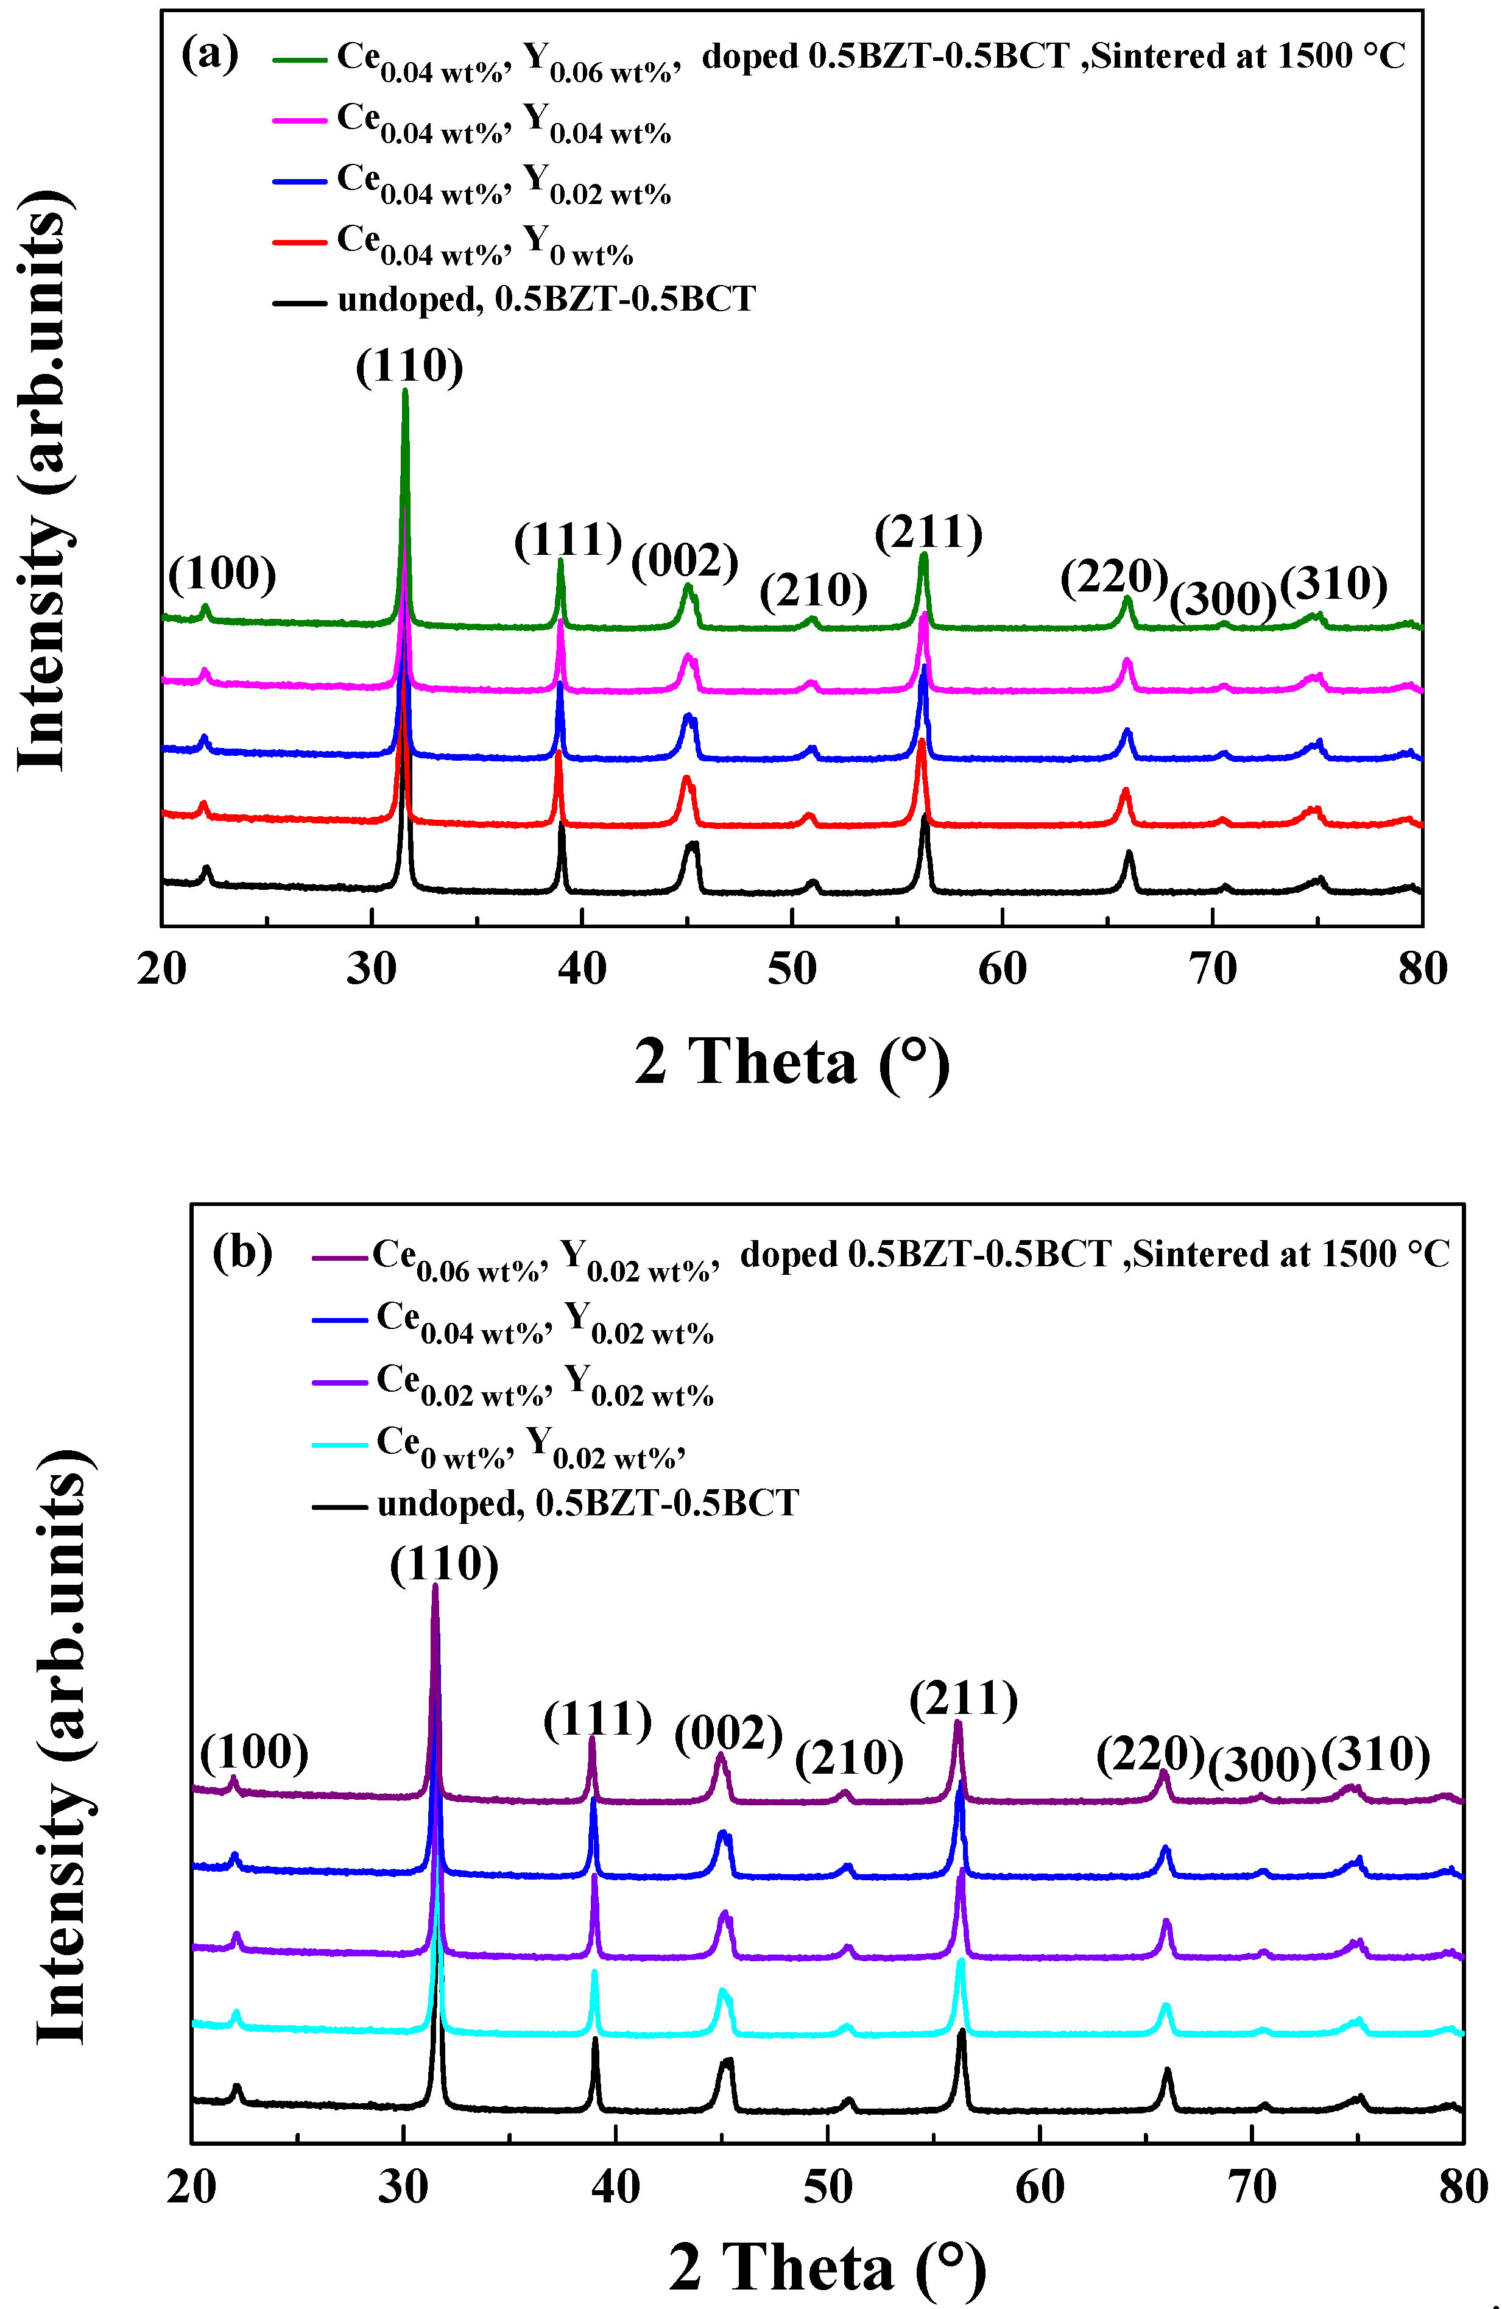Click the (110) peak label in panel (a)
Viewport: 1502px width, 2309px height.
[409, 367]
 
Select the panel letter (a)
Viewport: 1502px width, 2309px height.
[210, 54]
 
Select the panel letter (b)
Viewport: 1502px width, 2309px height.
[242, 1252]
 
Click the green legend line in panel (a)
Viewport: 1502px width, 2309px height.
[299, 59]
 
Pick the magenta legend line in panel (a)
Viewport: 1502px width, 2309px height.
[299, 121]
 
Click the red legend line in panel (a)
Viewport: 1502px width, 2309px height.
[299, 242]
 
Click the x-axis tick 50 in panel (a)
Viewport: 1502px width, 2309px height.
[792, 968]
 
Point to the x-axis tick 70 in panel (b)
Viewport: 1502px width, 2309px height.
[1252, 2187]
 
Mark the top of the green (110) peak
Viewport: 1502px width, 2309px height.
[404, 391]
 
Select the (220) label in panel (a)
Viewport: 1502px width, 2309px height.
[1113, 577]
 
